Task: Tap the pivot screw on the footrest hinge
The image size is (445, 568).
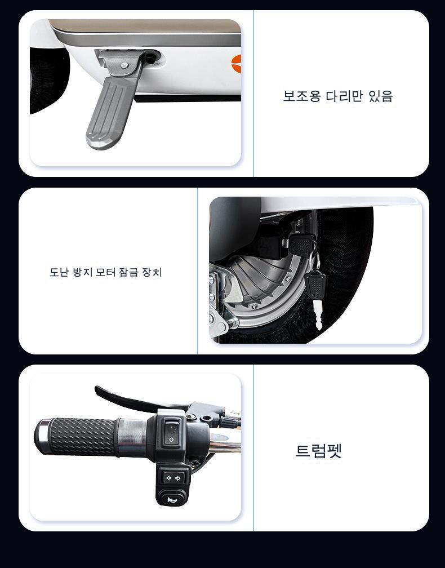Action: (124, 65)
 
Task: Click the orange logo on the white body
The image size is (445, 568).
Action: (237, 64)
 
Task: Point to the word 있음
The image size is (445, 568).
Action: (381, 96)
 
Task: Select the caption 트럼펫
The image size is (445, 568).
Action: (319, 451)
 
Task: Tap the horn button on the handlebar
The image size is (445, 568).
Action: (172, 500)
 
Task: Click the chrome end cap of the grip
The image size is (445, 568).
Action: (41, 436)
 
